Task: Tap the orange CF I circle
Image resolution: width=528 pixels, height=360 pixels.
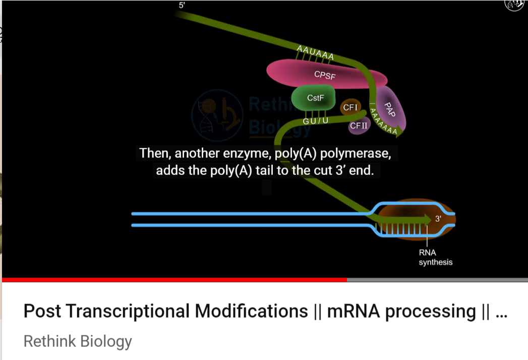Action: [350, 107]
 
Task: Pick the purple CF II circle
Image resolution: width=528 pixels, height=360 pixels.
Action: [359, 126]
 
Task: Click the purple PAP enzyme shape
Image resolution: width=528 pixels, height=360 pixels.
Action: [391, 109]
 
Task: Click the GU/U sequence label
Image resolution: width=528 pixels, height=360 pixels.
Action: [316, 121]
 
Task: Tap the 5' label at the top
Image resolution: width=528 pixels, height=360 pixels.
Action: [182, 6]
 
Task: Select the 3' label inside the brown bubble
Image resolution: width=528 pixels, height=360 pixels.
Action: [438, 218]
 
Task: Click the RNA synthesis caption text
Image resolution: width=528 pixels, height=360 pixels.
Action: [435, 257]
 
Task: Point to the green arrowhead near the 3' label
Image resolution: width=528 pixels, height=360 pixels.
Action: [427, 219]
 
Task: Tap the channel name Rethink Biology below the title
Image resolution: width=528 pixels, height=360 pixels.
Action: [78, 341]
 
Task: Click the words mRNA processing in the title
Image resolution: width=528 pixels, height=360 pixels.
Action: [401, 311]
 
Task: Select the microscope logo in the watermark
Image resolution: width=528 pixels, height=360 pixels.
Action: [217, 115]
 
